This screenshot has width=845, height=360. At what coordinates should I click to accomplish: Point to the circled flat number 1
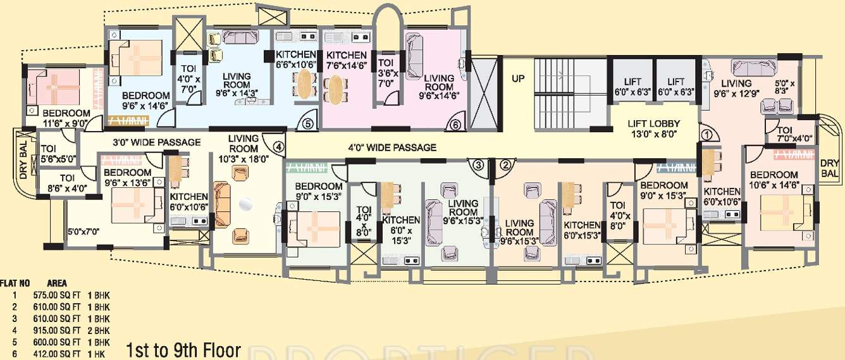[706, 134]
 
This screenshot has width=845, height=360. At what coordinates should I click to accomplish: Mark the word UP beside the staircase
[519, 80]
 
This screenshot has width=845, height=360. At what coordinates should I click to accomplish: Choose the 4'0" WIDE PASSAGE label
[393, 147]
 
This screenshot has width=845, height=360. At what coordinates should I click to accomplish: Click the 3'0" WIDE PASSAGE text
[157, 142]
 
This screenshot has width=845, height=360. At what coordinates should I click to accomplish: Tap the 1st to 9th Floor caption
[183, 349]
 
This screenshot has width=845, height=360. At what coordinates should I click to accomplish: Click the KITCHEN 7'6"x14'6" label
[346, 60]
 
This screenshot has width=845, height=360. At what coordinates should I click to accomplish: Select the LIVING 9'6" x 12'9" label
[737, 88]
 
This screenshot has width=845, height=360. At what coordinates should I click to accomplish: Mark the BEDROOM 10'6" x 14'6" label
[774, 180]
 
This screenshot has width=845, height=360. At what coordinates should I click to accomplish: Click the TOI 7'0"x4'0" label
[789, 134]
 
